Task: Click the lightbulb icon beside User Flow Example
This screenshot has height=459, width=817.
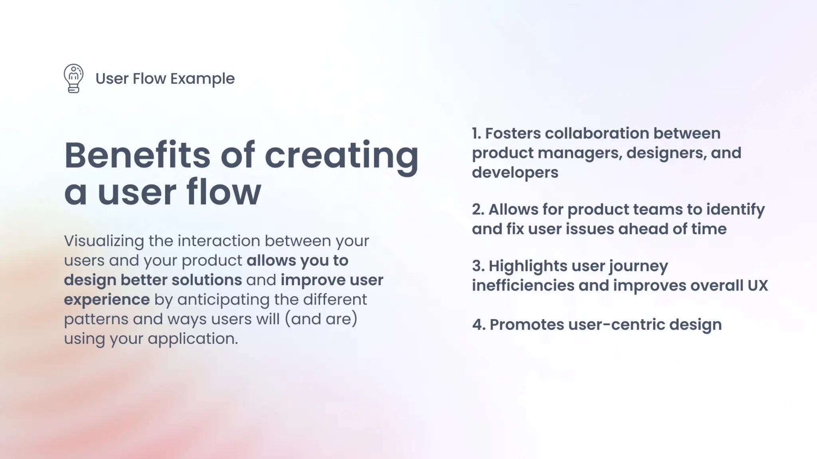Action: click(x=73, y=78)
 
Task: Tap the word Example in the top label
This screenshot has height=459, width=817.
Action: click(x=202, y=79)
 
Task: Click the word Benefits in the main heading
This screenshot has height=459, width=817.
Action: click(x=137, y=155)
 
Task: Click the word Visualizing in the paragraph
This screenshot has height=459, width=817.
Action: click(x=104, y=241)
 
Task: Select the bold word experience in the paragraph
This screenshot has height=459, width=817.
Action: click(x=107, y=300)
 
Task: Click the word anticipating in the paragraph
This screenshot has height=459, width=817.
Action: click(x=223, y=300)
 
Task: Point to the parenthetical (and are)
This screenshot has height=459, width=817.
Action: click(x=321, y=319)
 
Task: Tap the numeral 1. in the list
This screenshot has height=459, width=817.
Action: click(x=476, y=133)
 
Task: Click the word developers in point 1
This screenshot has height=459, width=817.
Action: click(x=515, y=173)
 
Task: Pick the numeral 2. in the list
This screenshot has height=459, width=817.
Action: click(x=478, y=210)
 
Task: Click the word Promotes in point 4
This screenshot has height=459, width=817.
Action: click(x=527, y=325)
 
